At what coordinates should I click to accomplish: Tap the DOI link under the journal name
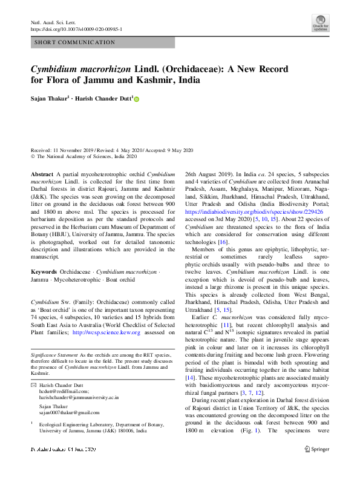point(76,29)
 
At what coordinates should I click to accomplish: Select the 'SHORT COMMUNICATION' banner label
point(75,42)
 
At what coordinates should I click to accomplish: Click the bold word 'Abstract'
point(42,174)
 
